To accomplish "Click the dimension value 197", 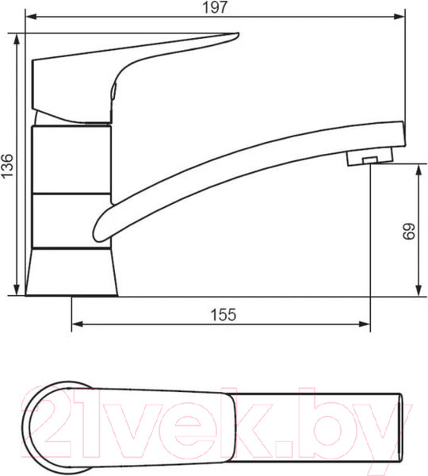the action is tap(215, 8).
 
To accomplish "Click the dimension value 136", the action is tap(8, 166).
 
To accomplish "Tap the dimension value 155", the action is tap(224, 315).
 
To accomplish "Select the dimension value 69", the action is tap(409, 232).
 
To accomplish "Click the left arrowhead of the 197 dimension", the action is tap(31, 17).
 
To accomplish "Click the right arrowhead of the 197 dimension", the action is tap(399, 17).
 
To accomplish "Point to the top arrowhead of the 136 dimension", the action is tap(17, 39).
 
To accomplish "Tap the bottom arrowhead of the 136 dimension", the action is tap(17, 290).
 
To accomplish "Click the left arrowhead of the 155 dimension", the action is tap(78, 324).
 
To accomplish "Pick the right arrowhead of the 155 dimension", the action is tap(365, 324).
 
